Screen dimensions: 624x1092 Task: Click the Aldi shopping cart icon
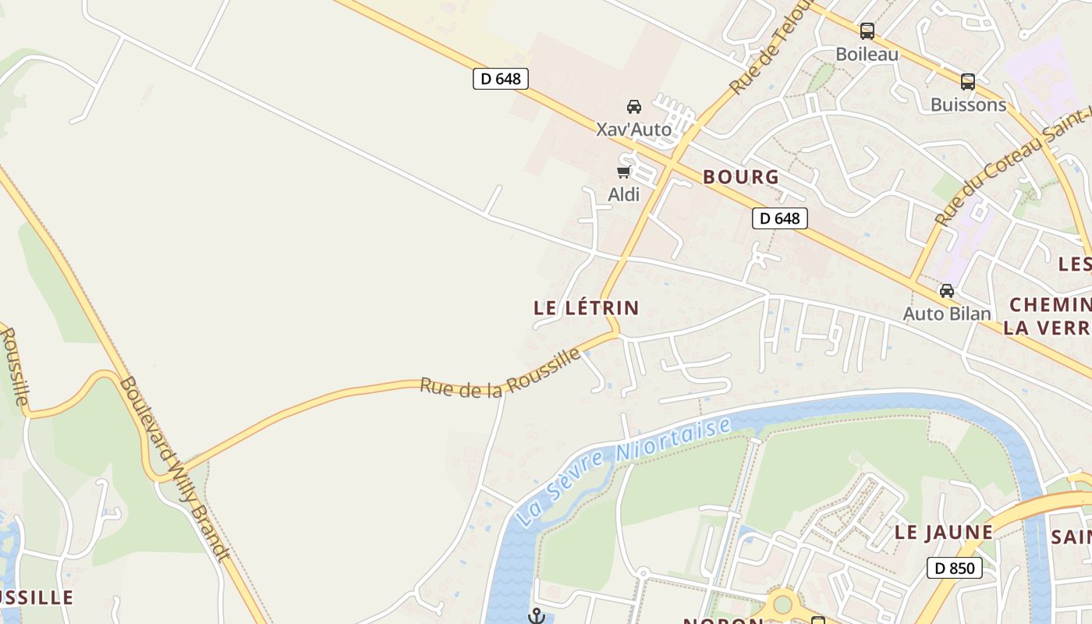[623, 172]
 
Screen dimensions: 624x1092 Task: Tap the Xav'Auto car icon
[634, 107]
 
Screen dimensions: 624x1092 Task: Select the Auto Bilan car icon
[947, 291]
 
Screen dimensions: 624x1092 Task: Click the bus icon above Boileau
[867, 31]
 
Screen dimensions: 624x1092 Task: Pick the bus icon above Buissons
[968, 81]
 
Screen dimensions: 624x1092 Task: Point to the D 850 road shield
[955, 568]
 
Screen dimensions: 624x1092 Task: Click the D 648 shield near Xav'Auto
[501, 78]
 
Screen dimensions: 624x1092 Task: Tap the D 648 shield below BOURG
[779, 218]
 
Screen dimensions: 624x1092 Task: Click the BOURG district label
[741, 177]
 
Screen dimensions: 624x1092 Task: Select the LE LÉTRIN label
[587, 308]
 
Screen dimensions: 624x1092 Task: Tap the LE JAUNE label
[944, 533]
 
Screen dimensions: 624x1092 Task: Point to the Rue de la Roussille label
[500, 374]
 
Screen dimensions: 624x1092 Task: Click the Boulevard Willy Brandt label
[175, 469]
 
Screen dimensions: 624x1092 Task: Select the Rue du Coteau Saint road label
[1014, 168]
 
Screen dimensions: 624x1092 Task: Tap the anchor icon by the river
[536, 616]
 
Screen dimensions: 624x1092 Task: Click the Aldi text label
[624, 194]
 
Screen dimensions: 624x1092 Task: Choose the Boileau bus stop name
[867, 54]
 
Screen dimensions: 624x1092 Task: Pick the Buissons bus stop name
[968, 105]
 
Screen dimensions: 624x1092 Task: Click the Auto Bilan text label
[947, 314]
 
